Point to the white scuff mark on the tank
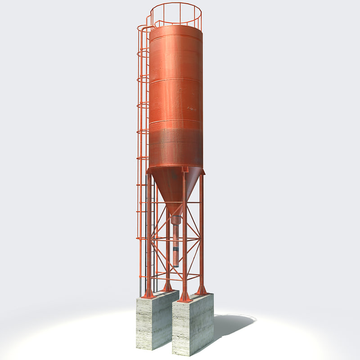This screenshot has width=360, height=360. click(x=192, y=108)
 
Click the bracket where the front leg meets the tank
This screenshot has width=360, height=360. click(x=184, y=170)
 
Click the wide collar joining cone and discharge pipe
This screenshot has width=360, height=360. click(x=176, y=220)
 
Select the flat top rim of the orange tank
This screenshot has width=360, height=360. click(x=175, y=28)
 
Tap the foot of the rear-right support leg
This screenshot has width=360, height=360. click(x=202, y=290)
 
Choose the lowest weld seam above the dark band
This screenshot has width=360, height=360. click(x=175, y=121)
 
